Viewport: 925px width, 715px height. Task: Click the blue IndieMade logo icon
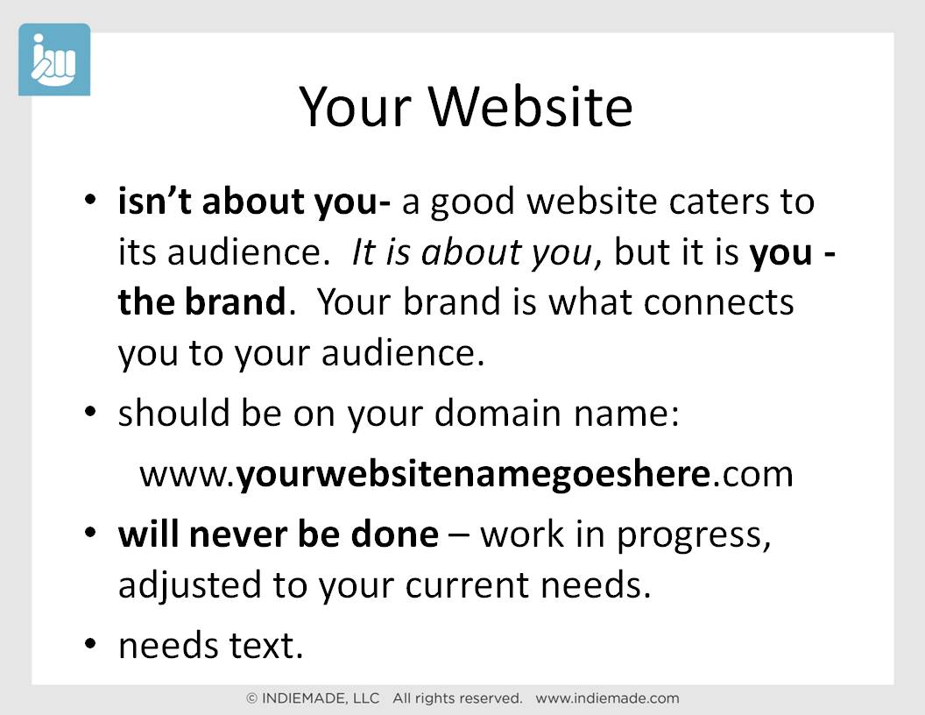pos(54,60)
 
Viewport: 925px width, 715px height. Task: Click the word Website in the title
pos(530,107)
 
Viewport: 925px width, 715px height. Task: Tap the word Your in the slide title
pos(355,107)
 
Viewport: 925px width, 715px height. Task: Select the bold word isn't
pos(154,201)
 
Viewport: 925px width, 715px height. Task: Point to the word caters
pos(718,202)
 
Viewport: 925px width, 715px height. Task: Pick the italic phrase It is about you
pos(472,252)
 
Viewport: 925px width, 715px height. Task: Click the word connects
pos(718,303)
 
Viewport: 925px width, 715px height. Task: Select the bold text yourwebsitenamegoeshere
pos(473,474)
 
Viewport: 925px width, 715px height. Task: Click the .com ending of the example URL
pos(752,475)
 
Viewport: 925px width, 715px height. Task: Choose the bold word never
pos(238,534)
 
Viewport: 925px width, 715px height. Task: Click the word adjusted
pos(190,586)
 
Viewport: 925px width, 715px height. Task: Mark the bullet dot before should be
pos(89,411)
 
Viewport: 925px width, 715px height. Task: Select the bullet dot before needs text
pos(89,644)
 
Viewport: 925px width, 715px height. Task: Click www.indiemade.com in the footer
pos(608,698)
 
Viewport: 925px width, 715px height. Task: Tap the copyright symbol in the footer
pos(252,699)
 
